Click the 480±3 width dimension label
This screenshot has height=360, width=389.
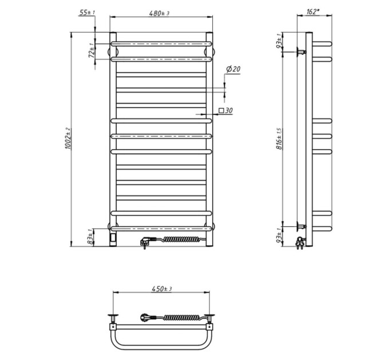click(x=159, y=13)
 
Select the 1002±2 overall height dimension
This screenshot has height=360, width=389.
click(x=68, y=138)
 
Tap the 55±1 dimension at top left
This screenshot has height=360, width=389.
click(x=87, y=12)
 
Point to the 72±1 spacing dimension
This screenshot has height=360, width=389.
click(x=92, y=50)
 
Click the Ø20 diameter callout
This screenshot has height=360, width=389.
click(x=233, y=69)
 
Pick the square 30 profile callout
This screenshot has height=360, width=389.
click(x=225, y=110)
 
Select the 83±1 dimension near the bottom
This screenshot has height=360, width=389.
click(x=92, y=237)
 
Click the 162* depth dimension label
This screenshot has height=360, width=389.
click(x=313, y=11)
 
